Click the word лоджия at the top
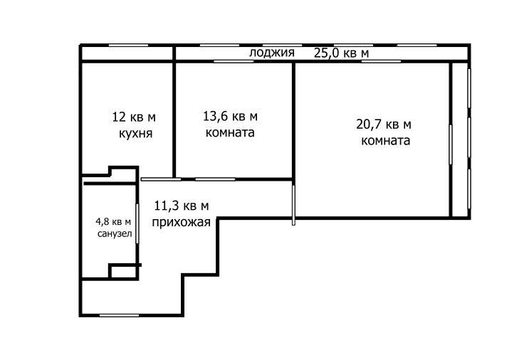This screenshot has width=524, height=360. (272, 53)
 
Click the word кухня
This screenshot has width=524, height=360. (135, 133)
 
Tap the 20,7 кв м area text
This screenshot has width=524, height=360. (384, 125)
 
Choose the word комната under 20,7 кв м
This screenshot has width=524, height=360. (385, 140)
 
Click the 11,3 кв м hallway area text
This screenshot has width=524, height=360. (182, 206)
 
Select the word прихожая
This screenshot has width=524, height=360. (182, 222)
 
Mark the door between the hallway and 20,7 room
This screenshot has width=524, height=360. (293, 203)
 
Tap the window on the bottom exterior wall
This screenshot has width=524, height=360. (120, 315)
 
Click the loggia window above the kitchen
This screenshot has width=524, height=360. (128, 46)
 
